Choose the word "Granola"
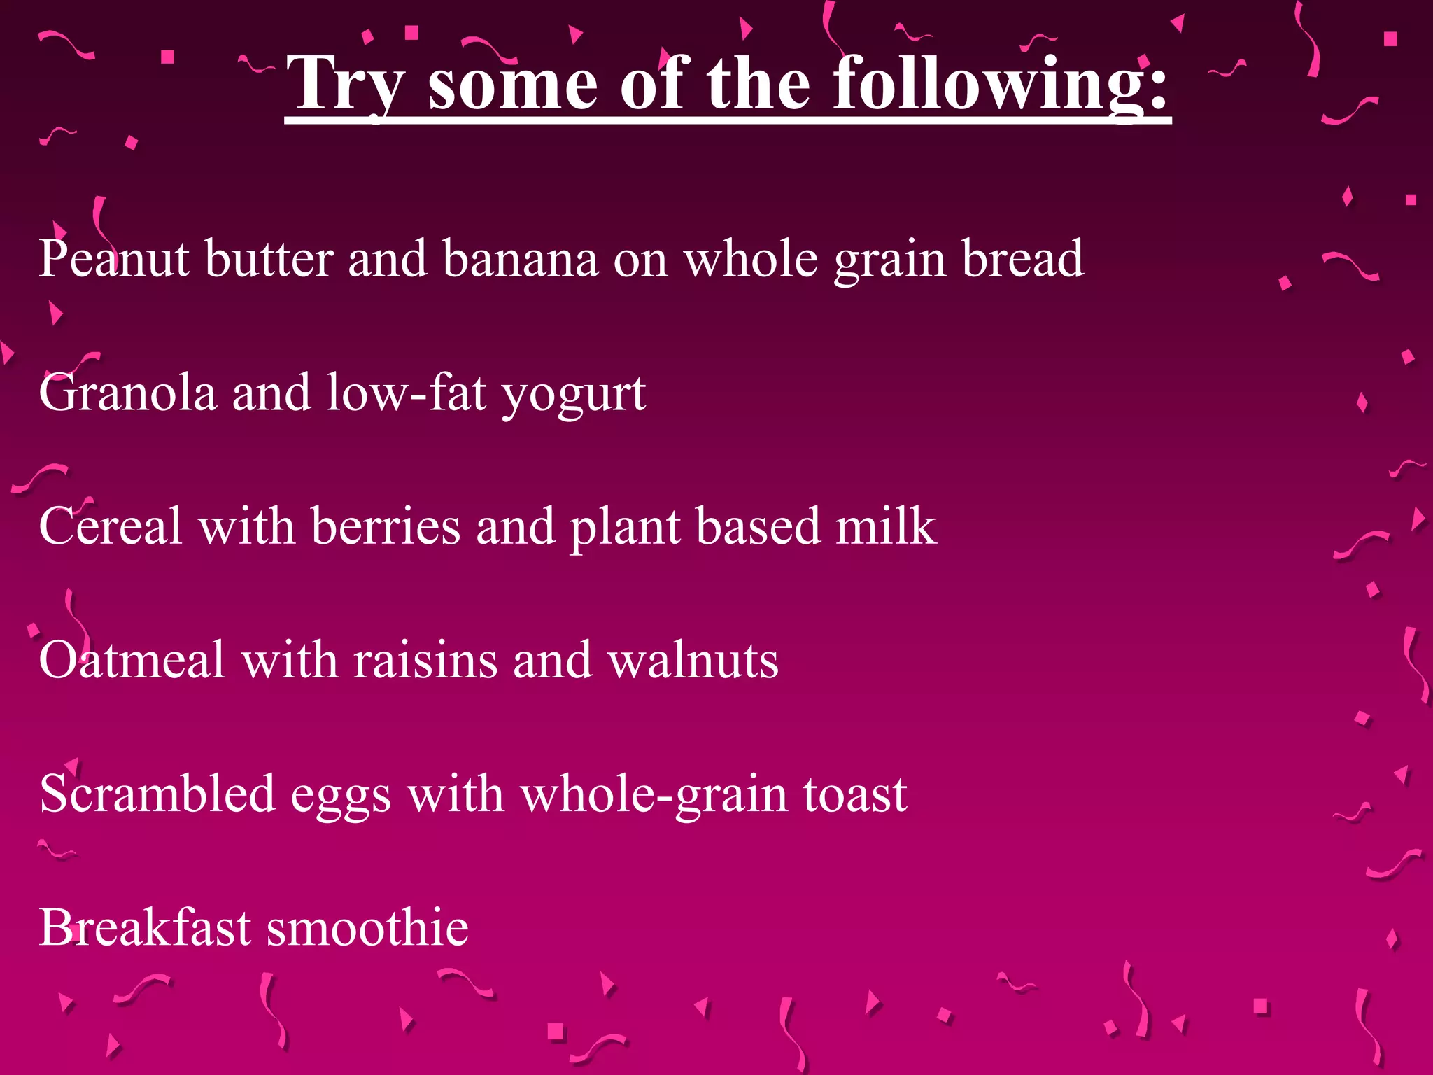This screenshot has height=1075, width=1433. (127, 393)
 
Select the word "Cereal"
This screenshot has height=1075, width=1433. (111, 526)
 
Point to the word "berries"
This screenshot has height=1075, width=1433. (386, 526)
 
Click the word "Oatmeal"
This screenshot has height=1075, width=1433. (132, 660)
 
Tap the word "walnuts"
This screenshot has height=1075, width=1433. (693, 660)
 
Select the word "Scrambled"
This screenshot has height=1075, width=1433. (157, 794)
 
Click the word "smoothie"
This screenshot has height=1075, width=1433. (367, 927)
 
